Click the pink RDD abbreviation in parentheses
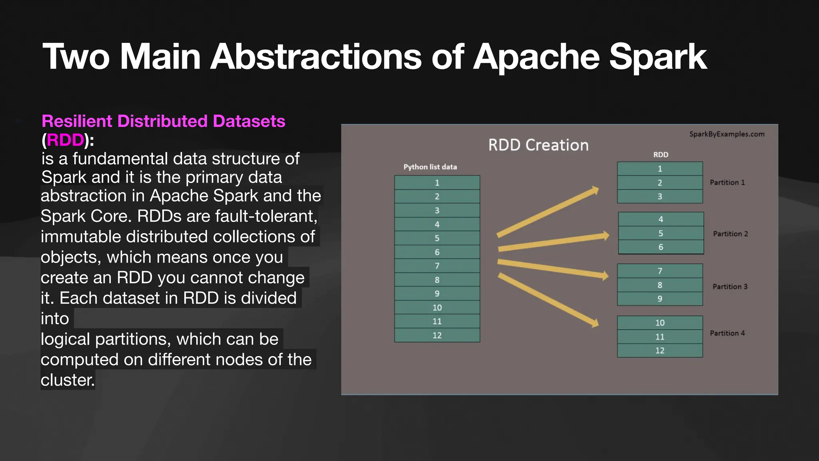point(65,140)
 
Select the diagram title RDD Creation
point(538,145)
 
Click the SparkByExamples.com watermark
point(727,134)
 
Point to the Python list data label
point(430,167)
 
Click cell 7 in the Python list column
point(437,266)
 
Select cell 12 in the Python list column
point(437,335)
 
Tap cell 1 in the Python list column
point(437,182)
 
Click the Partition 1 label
point(727,182)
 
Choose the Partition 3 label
point(730,287)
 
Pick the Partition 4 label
point(727,333)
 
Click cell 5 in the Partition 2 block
point(661,233)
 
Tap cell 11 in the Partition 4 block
point(660,337)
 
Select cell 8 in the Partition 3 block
point(660,285)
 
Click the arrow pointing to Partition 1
point(548,212)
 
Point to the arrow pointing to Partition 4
point(548,299)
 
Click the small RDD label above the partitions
point(661,154)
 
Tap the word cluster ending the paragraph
point(67,380)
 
